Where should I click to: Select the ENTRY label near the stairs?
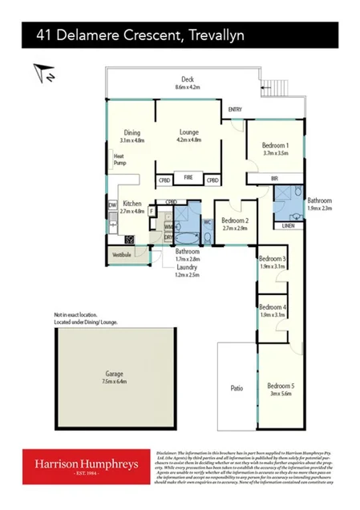pyautogui.click(x=235, y=109)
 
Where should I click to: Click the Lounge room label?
pyautogui.click(x=188, y=134)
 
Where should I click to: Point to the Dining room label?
pyautogui.click(x=132, y=134)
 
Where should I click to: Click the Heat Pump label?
pyautogui.click(x=119, y=160)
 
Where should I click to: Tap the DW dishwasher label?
pyautogui.click(x=112, y=205)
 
